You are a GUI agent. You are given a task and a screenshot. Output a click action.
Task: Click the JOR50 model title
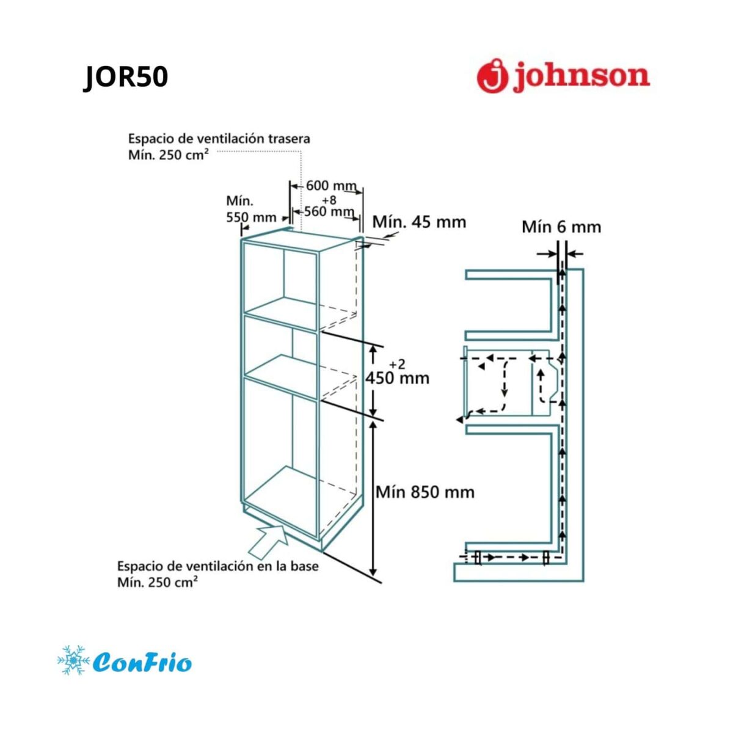point(126,77)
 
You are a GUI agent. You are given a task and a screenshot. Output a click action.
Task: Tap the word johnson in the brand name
point(582,77)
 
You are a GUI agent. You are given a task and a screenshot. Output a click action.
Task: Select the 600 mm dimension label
point(331,186)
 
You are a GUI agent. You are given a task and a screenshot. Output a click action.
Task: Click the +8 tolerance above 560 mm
point(329,199)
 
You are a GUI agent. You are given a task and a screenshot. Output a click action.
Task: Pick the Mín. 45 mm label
point(419,222)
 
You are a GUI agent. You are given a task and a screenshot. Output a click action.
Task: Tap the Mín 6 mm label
point(561,227)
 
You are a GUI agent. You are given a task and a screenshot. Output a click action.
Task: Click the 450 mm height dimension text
point(397,378)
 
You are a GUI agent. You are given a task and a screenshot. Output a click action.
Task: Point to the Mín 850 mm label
point(425,492)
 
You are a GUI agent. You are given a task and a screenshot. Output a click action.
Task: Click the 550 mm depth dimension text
point(251,217)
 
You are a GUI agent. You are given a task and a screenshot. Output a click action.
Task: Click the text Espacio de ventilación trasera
point(219,139)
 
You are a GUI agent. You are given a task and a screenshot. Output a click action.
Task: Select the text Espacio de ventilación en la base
point(217,566)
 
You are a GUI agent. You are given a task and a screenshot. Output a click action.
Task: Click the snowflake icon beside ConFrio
point(73,660)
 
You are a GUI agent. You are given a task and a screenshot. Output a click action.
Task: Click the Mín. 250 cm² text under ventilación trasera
point(168,155)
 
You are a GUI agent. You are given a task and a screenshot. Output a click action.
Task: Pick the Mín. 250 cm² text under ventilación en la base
point(157,582)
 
